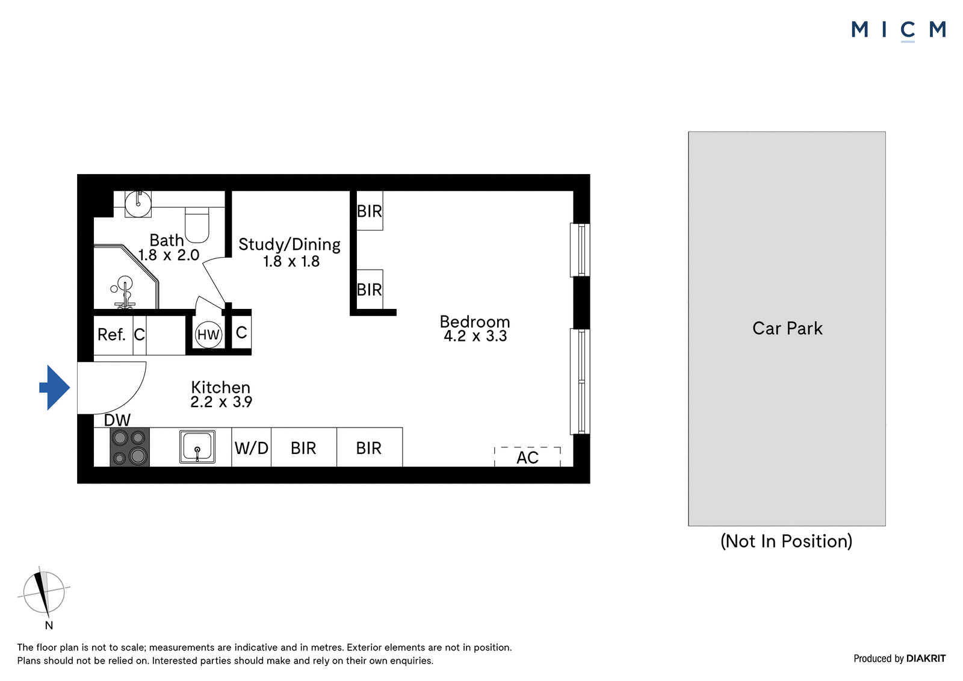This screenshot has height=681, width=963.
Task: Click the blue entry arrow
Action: pos(55,388)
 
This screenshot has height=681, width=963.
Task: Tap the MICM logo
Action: pos(899,30)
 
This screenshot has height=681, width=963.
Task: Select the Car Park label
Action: pos(787,328)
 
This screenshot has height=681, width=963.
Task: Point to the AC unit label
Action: pos(527,458)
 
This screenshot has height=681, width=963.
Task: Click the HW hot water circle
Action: pos(208,334)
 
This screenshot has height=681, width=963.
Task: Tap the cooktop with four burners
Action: pos(130,447)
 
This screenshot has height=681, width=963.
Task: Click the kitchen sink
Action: pos(197,447)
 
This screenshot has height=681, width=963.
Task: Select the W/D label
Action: pos(252,448)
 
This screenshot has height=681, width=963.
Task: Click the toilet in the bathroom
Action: pos(197,225)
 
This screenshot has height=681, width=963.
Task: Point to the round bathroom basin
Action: pos(138,204)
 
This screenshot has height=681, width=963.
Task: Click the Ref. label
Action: pos(111,334)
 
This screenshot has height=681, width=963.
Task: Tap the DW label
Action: pos(117,420)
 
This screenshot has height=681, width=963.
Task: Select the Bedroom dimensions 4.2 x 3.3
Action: pos(475,336)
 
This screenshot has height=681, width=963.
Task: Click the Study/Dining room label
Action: pos(290,244)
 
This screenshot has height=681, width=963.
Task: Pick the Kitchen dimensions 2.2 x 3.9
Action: pos(221,402)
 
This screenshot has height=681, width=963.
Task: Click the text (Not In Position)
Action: pos(786,541)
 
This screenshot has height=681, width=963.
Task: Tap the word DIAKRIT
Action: pos(926,658)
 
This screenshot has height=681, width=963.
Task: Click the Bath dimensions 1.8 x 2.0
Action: pos(169,255)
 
